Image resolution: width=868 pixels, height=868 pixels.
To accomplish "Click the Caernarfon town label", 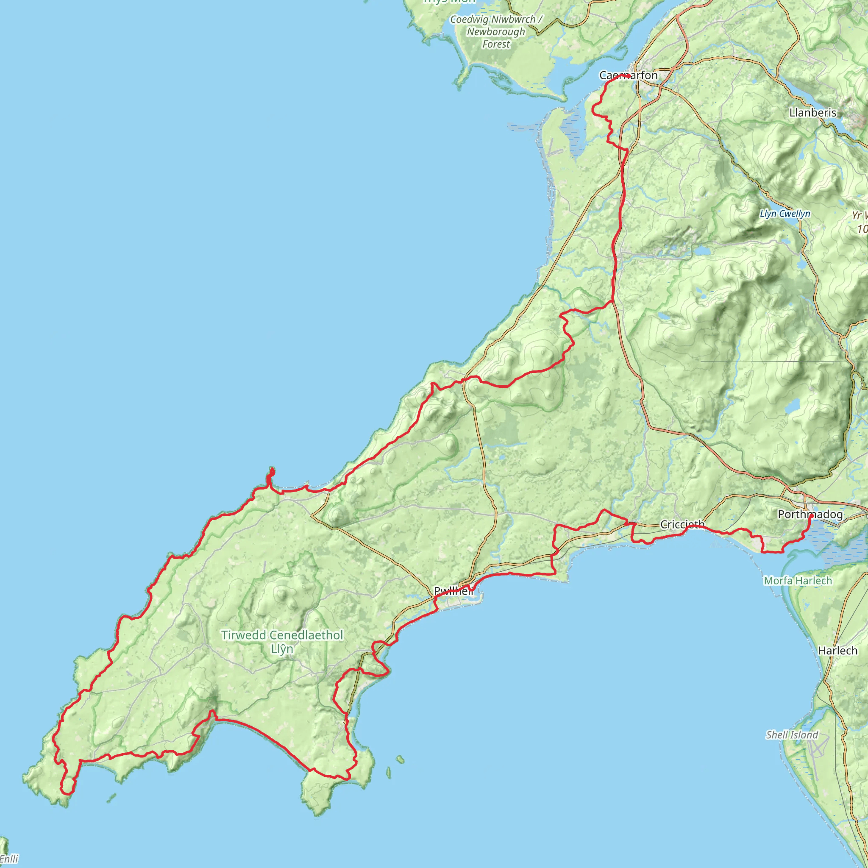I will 628,75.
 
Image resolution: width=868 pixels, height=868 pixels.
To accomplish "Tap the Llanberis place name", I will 813,112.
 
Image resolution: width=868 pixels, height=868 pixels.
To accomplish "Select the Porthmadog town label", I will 810,515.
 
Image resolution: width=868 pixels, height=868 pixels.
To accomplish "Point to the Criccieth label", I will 682,524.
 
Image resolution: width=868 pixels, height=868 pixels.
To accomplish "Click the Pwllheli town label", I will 453,591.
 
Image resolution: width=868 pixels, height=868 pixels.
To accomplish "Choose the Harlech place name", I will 837,651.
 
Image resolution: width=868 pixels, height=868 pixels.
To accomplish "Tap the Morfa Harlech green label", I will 798,581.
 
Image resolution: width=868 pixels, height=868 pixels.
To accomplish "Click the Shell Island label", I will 792,735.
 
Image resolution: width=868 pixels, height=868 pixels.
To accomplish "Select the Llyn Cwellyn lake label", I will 785,214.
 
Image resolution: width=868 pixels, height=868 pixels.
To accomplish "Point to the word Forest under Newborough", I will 496,44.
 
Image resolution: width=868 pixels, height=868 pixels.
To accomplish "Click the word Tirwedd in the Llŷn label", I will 244,635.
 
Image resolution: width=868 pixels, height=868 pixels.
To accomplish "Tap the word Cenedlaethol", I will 306,635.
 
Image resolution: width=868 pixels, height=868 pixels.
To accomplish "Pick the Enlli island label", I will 9,860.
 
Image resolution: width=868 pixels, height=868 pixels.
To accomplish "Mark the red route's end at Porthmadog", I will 810,516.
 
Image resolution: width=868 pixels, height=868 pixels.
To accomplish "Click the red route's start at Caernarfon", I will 629,77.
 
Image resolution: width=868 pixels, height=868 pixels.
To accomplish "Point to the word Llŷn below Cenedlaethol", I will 282,649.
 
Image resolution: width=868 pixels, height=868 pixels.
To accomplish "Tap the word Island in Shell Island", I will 805,735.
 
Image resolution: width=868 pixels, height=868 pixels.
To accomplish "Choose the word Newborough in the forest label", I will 496,32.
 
